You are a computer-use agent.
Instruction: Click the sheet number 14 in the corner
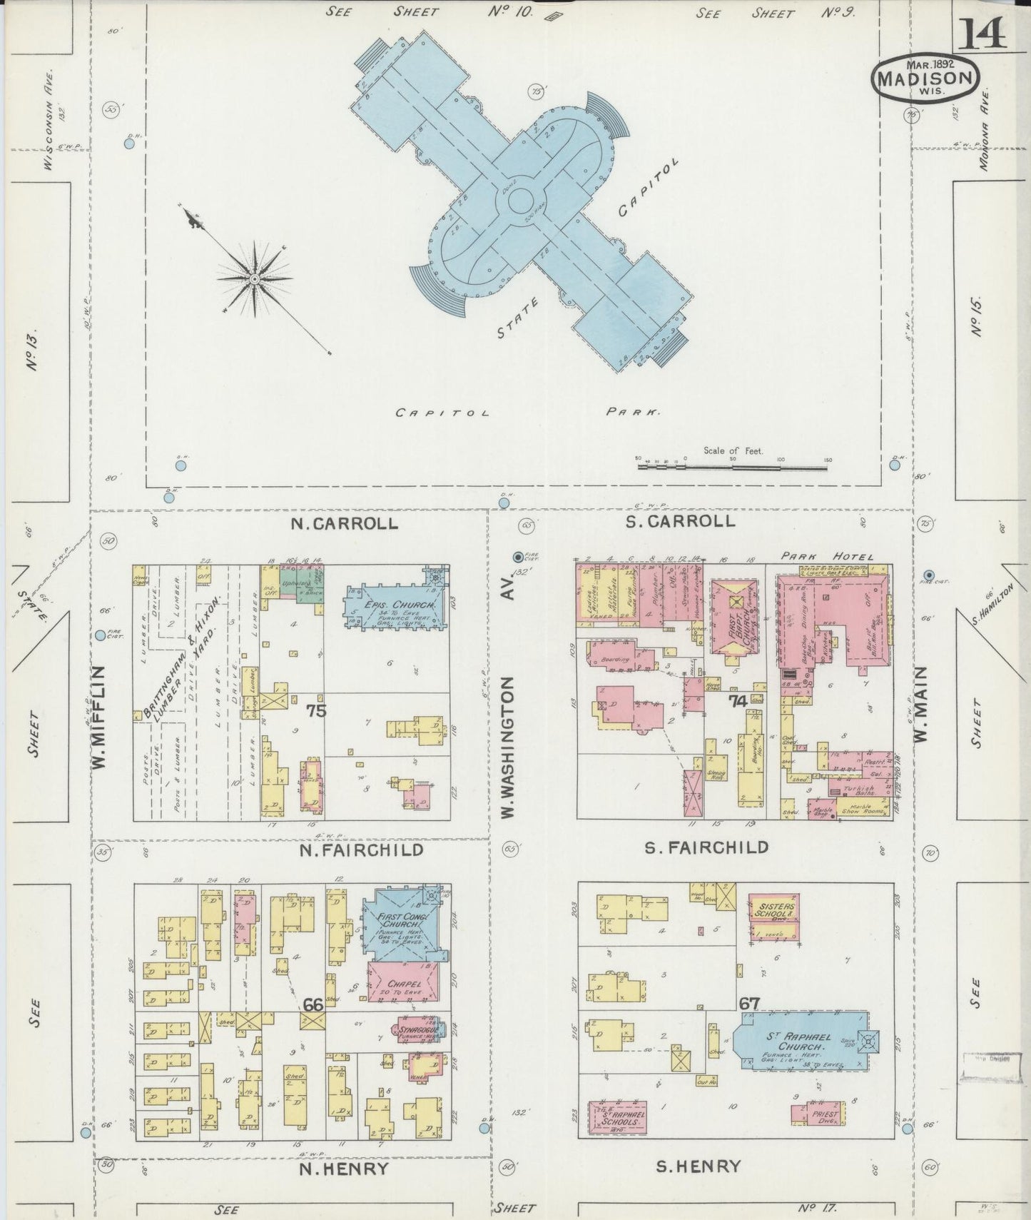tap(982, 33)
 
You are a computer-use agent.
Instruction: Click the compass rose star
tap(254, 278)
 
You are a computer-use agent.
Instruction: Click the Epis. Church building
tap(397, 608)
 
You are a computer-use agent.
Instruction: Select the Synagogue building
tap(417, 1031)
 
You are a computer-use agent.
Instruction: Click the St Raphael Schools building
tap(617, 1117)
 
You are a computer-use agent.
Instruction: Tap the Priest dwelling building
tap(818, 1114)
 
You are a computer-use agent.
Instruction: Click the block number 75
tap(316, 711)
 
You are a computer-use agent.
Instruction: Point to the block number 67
tap(749, 1004)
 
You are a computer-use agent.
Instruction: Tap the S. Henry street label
tap(698, 1167)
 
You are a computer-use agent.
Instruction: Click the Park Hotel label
tap(826, 557)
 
